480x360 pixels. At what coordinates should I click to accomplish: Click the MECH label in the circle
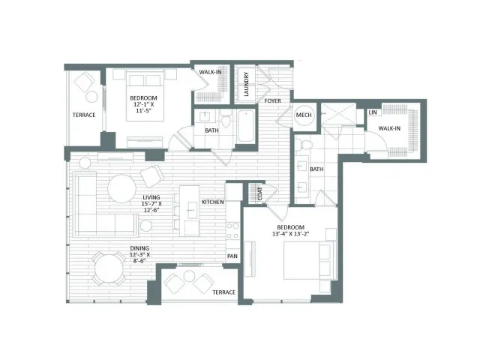[304, 115]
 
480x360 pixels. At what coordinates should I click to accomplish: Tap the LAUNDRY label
[246, 84]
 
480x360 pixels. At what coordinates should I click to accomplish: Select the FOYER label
[272, 100]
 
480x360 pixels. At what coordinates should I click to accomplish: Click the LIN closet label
[373, 112]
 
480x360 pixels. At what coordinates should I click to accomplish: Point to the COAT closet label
[260, 193]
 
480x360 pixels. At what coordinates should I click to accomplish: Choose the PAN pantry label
[232, 256]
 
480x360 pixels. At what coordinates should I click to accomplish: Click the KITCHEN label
[213, 202]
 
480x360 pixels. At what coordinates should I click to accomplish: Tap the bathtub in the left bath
[245, 126]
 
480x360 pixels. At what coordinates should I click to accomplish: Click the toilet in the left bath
[226, 118]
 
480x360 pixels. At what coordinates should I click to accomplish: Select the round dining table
[109, 269]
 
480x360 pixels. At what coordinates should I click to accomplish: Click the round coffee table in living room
[121, 188]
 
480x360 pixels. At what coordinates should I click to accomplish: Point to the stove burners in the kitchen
[232, 230]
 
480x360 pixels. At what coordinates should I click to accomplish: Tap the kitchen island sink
[192, 210]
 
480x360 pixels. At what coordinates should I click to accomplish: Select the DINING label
[139, 248]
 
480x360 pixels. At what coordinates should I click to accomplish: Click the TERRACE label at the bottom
[223, 292]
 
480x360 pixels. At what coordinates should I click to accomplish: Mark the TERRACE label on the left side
[84, 115]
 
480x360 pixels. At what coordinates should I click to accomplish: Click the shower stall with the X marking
[338, 114]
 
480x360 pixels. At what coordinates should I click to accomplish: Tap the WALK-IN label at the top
[210, 72]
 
